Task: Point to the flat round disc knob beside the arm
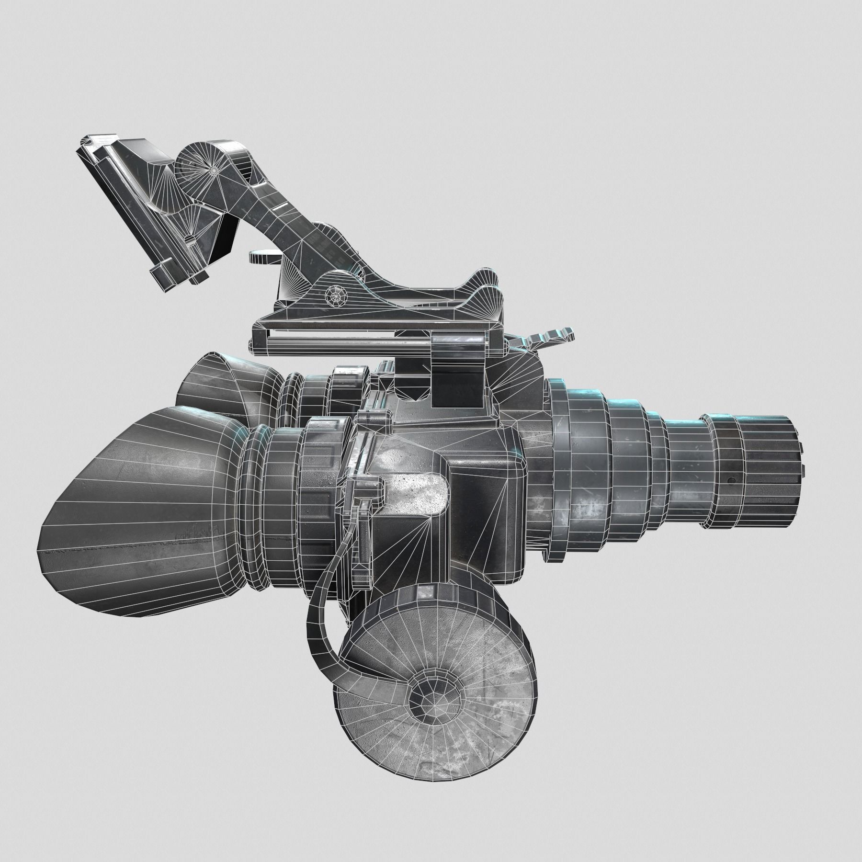(263, 256)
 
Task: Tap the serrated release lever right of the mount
(551, 335)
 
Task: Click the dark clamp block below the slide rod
(457, 369)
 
